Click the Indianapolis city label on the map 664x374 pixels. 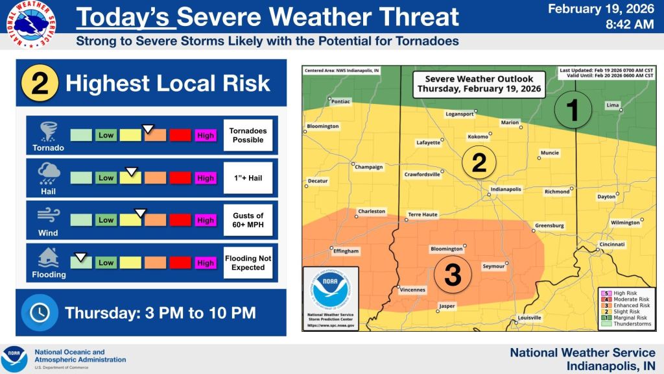coord(506,190)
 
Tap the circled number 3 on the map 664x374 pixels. coord(452,275)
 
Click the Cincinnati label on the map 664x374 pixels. coord(611,244)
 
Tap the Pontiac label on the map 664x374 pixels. coord(340,102)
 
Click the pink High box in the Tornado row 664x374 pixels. coord(206,135)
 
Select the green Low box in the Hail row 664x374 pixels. coord(106,178)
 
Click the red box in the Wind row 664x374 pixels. coord(180,220)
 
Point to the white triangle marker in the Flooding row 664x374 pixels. coord(80,257)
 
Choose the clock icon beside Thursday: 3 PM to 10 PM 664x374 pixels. coord(40,312)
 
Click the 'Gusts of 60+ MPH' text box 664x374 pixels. coord(248,220)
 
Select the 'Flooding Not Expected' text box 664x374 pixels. coord(248,263)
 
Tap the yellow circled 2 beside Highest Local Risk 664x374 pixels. coord(40,83)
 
